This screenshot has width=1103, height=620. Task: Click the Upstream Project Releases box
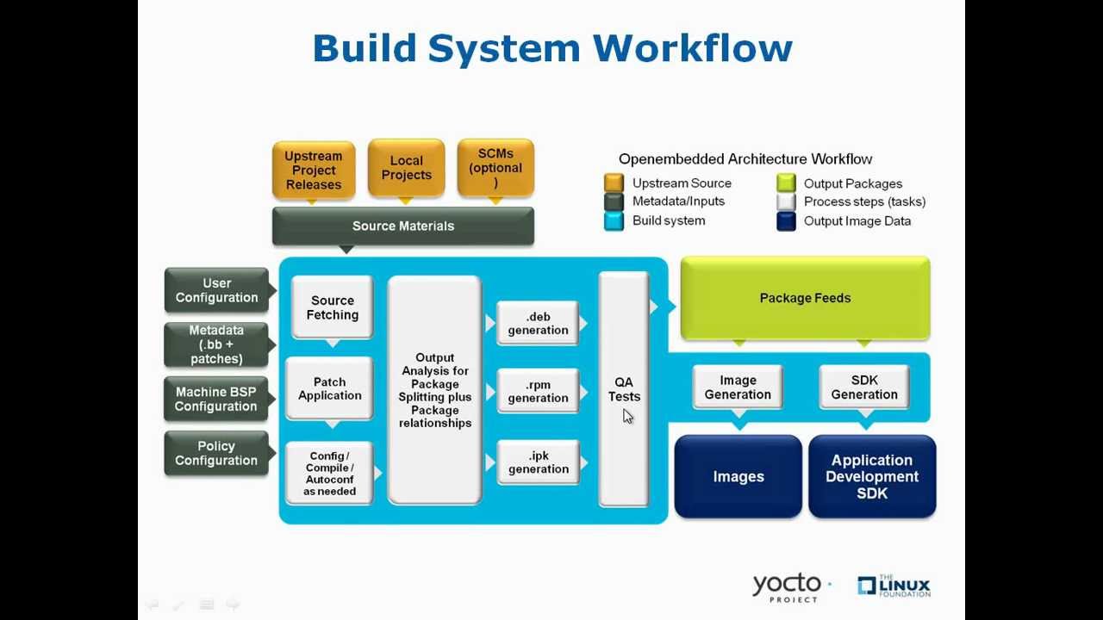(314, 170)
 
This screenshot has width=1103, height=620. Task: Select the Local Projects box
(406, 168)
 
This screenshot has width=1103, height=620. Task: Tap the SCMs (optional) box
(495, 167)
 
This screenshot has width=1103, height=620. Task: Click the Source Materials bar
(402, 226)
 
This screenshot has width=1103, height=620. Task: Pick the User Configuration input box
(216, 290)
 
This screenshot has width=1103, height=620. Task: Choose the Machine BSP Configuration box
(216, 399)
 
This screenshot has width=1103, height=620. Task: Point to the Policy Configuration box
(216, 453)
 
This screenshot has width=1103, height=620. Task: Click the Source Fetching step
(333, 307)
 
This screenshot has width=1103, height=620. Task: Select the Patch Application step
(329, 388)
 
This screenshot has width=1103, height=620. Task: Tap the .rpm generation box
(538, 391)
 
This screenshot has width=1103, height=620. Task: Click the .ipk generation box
(538, 462)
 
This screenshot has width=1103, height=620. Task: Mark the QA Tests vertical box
(623, 388)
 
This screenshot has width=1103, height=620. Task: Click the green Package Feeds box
(805, 298)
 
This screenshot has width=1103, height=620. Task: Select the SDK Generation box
(863, 387)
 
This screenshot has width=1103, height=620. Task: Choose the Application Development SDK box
(871, 476)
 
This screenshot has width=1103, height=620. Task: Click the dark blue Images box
(738, 476)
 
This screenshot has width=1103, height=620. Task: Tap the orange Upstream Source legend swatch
(614, 183)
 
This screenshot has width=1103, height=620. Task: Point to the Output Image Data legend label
(857, 220)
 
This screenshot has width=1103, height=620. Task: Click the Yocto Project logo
(786, 587)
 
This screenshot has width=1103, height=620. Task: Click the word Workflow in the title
(692, 47)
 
